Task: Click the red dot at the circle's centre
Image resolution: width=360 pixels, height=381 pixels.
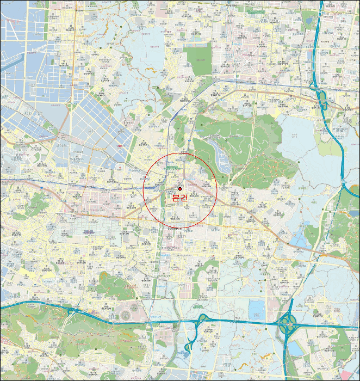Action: pyautogui.click(x=180, y=189)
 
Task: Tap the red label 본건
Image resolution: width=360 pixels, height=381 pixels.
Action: pyautogui.click(x=179, y=198)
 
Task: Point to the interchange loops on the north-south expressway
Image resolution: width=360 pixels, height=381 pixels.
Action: pyautogui.click(x=321, y=99)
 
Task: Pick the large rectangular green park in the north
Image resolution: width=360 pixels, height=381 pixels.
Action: pyautogui.click(x=196, y=60)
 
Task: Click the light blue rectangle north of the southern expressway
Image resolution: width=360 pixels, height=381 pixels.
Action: pyautogui.click(x=257, y=309)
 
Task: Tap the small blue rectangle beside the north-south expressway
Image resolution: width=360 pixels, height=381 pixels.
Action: pyautogui.click(x=296, y=240)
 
